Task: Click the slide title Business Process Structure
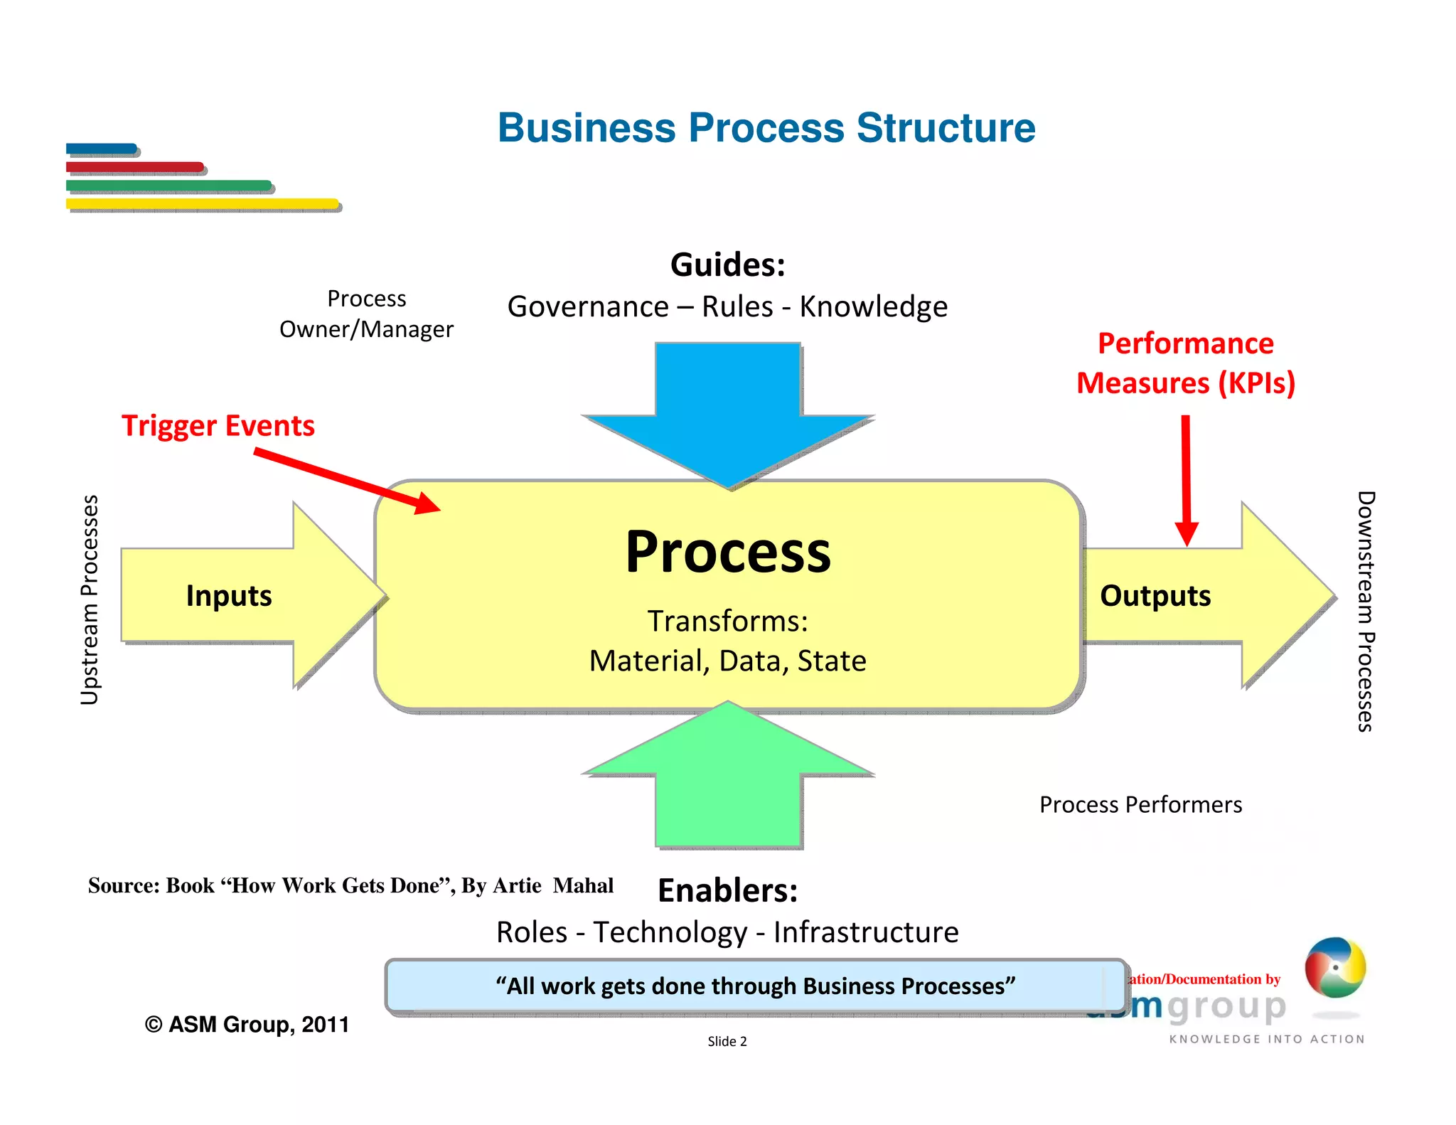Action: coord(766,128)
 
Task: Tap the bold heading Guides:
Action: coord(727,265)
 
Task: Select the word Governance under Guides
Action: coord(588,306)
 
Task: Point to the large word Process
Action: coord(727,552)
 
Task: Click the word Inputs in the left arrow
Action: coord(228,596)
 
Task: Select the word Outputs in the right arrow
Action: coord(1155,596)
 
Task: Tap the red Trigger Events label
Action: coord(218,425)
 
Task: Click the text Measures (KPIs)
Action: coord(1185,383)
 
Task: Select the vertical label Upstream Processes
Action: coord(90,599)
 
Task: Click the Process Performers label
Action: coord(1140,804)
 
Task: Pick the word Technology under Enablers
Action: coord(670,932)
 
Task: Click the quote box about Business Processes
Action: coord(755,986)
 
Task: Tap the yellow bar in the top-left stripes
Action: coord(202,204)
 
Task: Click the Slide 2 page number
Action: coord(727,1041)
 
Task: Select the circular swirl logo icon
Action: coord(1334,967)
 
